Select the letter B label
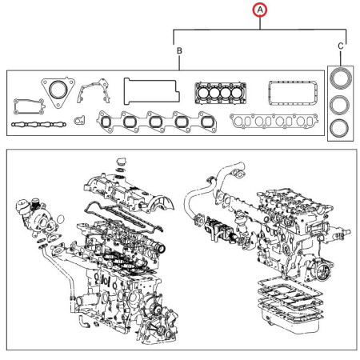point(178,51)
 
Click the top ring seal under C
point(341,80)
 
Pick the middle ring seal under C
point(341,106)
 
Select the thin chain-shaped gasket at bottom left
point(38,126)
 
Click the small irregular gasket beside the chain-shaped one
point(79,122)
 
